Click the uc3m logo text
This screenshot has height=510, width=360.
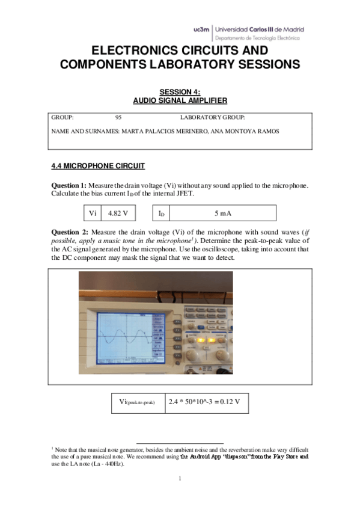pyautogui.click(x=202, y=29)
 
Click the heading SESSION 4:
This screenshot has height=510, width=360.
pyautogui.click(x=179, y=91)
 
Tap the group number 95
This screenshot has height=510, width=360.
pyautogui.click(x=118, y=118)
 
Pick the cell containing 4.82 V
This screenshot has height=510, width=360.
pyautogui.click(x=118, y=214)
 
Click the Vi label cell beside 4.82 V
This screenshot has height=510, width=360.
pyautogui.click(x=92, y=214)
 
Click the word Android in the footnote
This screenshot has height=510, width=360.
pyautogui.click(x=200, y=457)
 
